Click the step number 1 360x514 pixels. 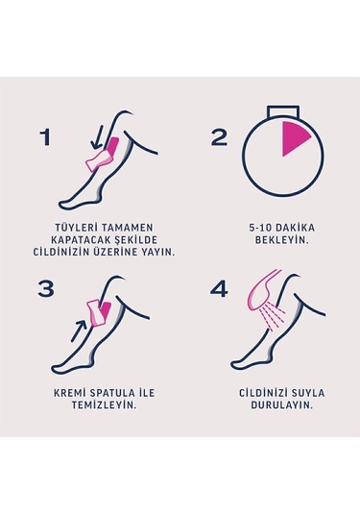point(45,136)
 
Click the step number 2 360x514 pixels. point(220,136)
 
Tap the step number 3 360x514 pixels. point(46,288)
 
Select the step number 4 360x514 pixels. point(220,288)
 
